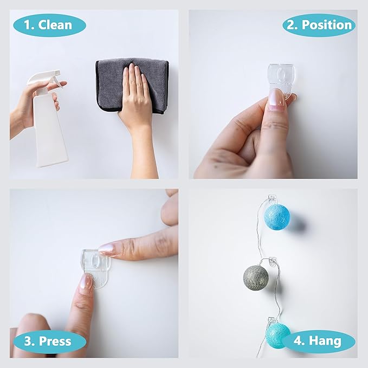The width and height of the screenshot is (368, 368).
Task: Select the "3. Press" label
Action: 49,341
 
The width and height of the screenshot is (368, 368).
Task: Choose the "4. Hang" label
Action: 318,341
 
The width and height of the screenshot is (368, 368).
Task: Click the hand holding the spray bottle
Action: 24,106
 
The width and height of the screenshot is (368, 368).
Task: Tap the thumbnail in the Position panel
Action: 276,100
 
